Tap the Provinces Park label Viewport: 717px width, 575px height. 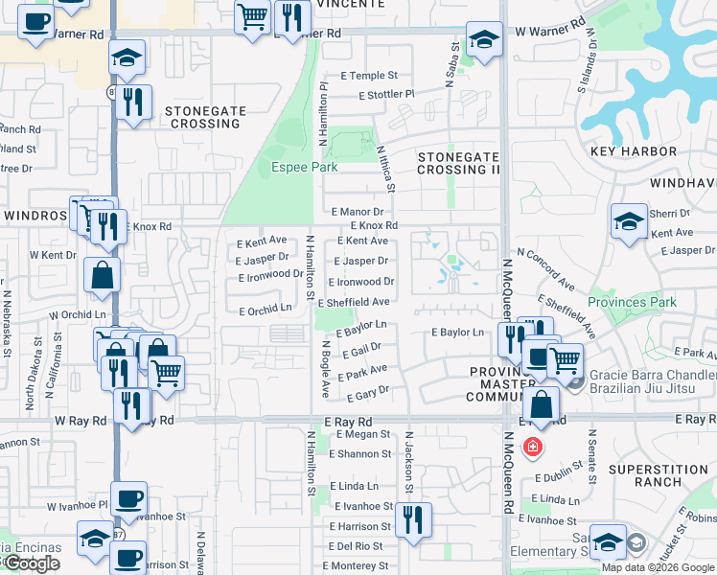tap(633, 302)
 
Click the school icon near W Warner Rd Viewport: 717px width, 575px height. tap(484, 41)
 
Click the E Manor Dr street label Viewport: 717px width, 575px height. tap(357, 212)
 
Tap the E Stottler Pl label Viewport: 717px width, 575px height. tap(385, 95)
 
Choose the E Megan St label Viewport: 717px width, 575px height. tap(363, 434)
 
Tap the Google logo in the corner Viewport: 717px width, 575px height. tap(32, 564)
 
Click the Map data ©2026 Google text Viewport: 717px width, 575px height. tap(658, 567)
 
